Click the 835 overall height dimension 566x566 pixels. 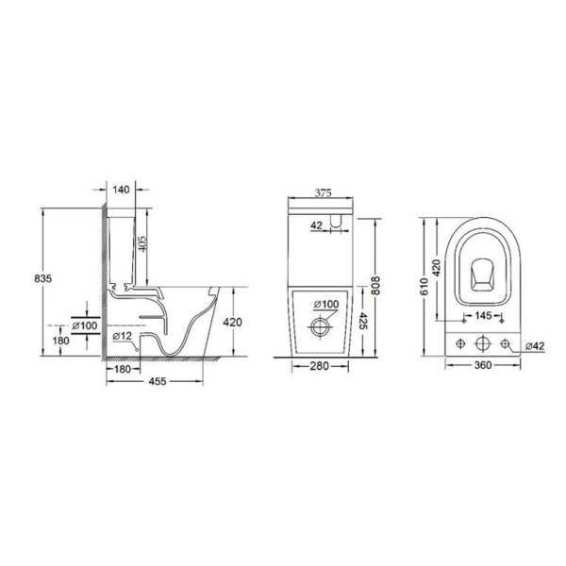[43, 278]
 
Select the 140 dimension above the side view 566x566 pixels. [121, 190]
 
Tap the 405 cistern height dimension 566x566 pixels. [142, 244]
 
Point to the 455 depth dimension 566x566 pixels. [158, 381]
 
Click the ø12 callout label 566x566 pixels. [123, 336]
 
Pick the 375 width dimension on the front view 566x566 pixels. [323, 193]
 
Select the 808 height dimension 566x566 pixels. [375, 286]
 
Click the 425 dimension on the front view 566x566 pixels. [363, 322]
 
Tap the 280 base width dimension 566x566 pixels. [320, 366]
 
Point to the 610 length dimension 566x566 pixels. [424, 287]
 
